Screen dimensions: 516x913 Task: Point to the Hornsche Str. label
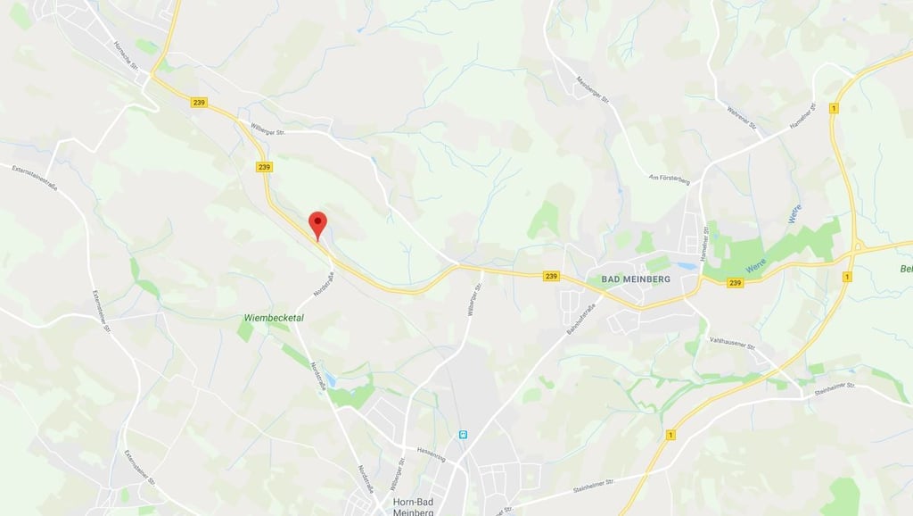pyautogui.click(x=127, y=55)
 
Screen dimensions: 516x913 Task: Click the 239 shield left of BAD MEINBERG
pyautogui.click(x=551, y=277)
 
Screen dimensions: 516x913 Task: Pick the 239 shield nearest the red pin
pyautogui.click(x=264, y=167)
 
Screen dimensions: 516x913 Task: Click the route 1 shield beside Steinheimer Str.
pyautogui.click(x=670, y=434)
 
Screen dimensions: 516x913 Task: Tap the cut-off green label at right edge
pyautogui.click(x=905, y=269)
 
